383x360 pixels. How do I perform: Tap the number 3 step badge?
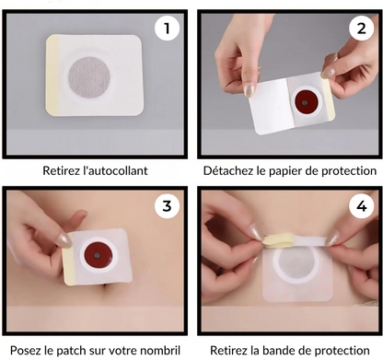point(167,205)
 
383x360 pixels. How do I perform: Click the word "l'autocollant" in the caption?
point(118,171)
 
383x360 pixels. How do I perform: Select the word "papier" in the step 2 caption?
point(286,171)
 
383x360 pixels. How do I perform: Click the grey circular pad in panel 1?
point(92,75)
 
